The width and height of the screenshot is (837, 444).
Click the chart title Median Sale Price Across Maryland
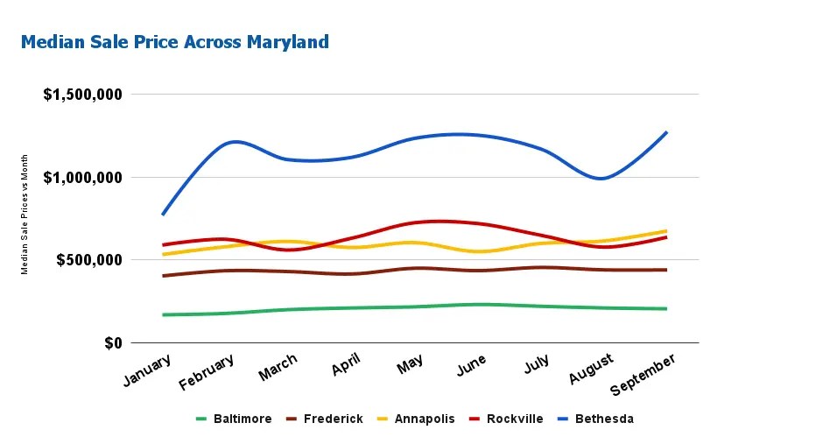tap(175, 42)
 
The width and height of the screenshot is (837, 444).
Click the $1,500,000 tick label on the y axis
tap(83, 95)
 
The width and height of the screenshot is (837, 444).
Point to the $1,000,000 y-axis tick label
tap(83, 178)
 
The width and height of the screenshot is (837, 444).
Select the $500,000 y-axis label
tap(90, 260)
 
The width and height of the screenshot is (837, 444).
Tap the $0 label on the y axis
tap(110, 343)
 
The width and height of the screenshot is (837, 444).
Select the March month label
tap(278, 368)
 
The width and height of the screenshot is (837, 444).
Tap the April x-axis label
tap(346, 365)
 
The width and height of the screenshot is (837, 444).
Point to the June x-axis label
tap(471, 365)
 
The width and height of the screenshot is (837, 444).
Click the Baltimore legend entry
tap(242, 419)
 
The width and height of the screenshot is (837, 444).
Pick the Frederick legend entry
tap(333, 419)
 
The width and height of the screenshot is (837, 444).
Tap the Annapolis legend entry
tap(424, 419)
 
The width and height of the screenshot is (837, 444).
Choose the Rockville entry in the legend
tap(515, 419)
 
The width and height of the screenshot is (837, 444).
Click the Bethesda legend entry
tap(603, 419)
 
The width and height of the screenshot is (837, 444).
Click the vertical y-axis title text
tap(25, 215)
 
